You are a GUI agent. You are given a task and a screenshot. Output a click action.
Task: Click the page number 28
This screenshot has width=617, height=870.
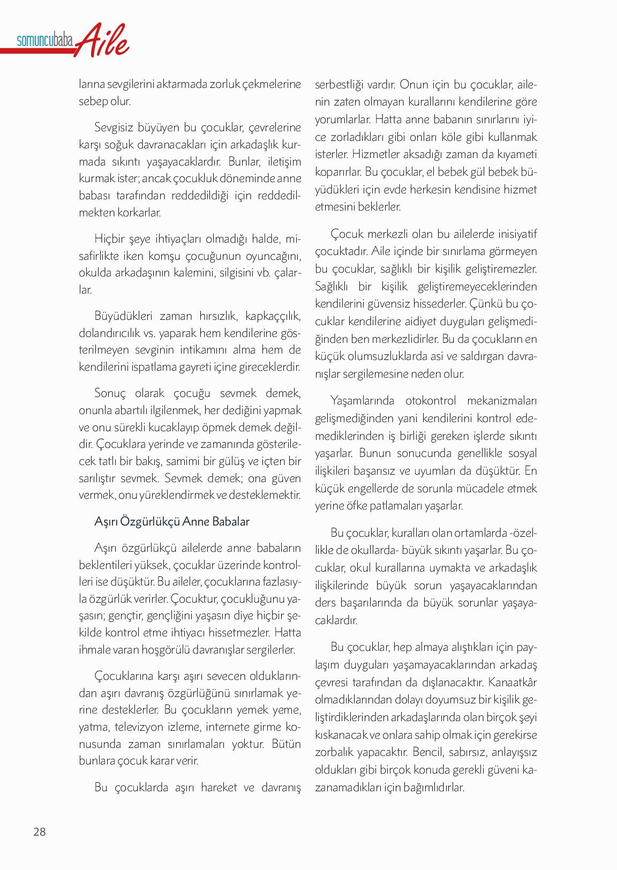click(x=40, y=831)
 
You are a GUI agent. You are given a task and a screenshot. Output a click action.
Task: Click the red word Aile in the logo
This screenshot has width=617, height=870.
click(x=101, y=41)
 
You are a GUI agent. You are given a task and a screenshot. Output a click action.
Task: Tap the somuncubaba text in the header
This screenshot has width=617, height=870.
click(x=45, y=41)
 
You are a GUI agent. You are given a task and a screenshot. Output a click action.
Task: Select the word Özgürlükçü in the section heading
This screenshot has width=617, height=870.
click(x=149, y=521)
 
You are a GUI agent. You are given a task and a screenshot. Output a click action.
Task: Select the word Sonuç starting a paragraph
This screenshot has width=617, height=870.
click(x=110, y=393)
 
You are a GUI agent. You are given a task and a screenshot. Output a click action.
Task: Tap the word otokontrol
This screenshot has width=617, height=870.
click(x=430, y=401)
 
